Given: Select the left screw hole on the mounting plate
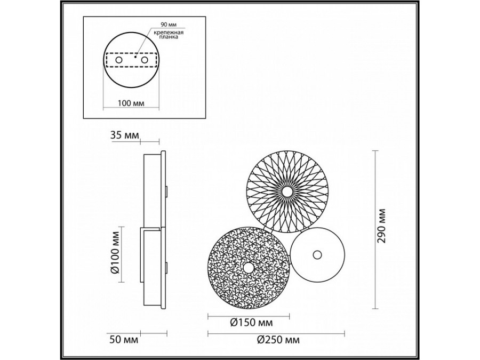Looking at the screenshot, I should (x=119, y=61).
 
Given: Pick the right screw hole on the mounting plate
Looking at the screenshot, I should (x=144, y=61).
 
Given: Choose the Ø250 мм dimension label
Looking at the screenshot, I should (x=277, y=340).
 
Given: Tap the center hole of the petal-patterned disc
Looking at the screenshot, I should (x=287, y=191).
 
